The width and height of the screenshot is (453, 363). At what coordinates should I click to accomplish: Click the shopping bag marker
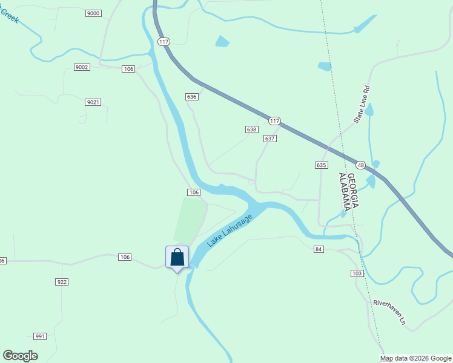click(x=177, y=257)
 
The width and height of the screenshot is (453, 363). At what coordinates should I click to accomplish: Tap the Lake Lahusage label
click(x=228, y=228)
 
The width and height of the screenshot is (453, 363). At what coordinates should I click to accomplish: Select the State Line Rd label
click(x=362, y=105)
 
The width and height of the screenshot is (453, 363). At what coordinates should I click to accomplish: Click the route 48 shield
click(x=360, y=165)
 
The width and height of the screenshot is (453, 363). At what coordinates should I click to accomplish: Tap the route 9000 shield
click(x=93, y=13)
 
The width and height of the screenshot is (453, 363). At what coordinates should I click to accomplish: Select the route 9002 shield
click(x=82, y=67)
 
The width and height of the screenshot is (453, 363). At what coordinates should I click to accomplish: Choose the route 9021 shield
click(x=93, y=102)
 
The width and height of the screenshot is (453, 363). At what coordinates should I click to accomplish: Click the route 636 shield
click(x=192, y=97)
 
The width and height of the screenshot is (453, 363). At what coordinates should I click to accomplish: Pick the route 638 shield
click(x=252, y=129)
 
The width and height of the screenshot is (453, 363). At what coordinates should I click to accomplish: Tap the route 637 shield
click(x=270, y=139)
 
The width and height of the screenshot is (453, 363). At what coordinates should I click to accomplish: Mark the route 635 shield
click(x=321, y=165)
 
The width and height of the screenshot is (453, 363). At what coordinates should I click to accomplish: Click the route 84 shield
click(x=319, y=249)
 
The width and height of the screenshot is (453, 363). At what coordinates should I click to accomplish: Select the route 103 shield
click(x=357, y=273)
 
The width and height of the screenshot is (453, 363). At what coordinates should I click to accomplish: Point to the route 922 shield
click(x=61, y=282)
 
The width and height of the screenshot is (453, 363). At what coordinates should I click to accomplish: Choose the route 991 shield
click(x=40, y=336)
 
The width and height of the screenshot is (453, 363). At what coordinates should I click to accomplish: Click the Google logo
click(x=20, y=356)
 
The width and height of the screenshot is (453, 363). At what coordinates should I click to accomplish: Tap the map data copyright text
click(x=416, y=358)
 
